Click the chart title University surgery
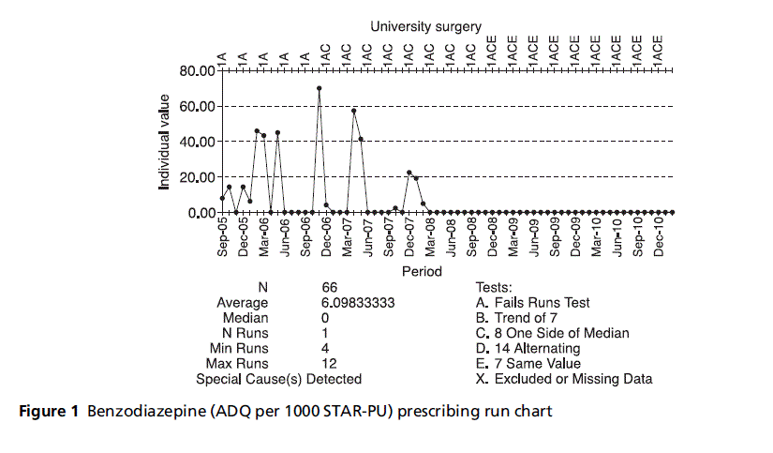coord(426,27)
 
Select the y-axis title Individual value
coord(165,142)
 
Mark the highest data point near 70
coord(320,88)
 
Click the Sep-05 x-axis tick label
coord(223,236)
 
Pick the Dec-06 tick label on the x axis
coord(327,236)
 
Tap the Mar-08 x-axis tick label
coord(430,236)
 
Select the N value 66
coord(329,287)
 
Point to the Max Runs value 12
coord(328,363)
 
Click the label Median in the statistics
coord(248,318)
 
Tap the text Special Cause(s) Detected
coord(278,379)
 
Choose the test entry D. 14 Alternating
coord(528,348)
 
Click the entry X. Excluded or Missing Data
coord(564,379)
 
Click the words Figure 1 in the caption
coord(44,410)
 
